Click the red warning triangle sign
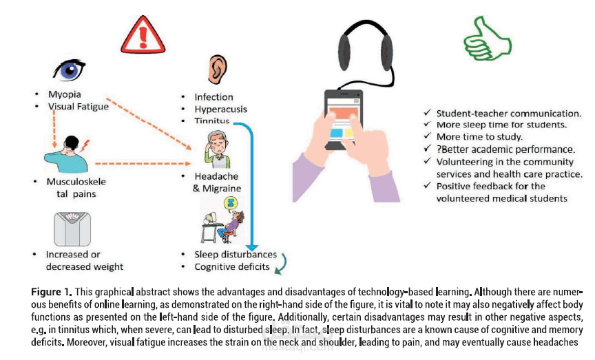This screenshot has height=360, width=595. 143,35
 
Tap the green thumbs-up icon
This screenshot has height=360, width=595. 488,38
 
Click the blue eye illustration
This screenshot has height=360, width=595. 70,70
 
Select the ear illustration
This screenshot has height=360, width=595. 218,70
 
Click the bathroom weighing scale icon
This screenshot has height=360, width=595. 72,229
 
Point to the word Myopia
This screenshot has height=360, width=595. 65,94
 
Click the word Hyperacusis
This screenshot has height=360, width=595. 220,109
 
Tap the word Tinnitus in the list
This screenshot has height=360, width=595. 211,121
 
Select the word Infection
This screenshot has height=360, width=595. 213,97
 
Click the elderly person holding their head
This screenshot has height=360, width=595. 218,149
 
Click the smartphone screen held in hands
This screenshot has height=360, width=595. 344,118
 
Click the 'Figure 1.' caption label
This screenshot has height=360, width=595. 52,292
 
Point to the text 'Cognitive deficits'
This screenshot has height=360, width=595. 232,267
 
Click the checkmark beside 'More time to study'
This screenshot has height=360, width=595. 428,136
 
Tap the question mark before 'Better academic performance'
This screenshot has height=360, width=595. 439,149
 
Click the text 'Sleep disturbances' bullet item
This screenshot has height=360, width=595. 236,255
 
